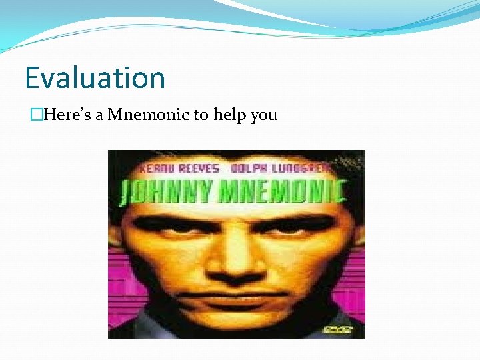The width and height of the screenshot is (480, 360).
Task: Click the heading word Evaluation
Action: [95, 78]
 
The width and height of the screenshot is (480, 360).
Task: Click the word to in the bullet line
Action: [201, 115]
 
